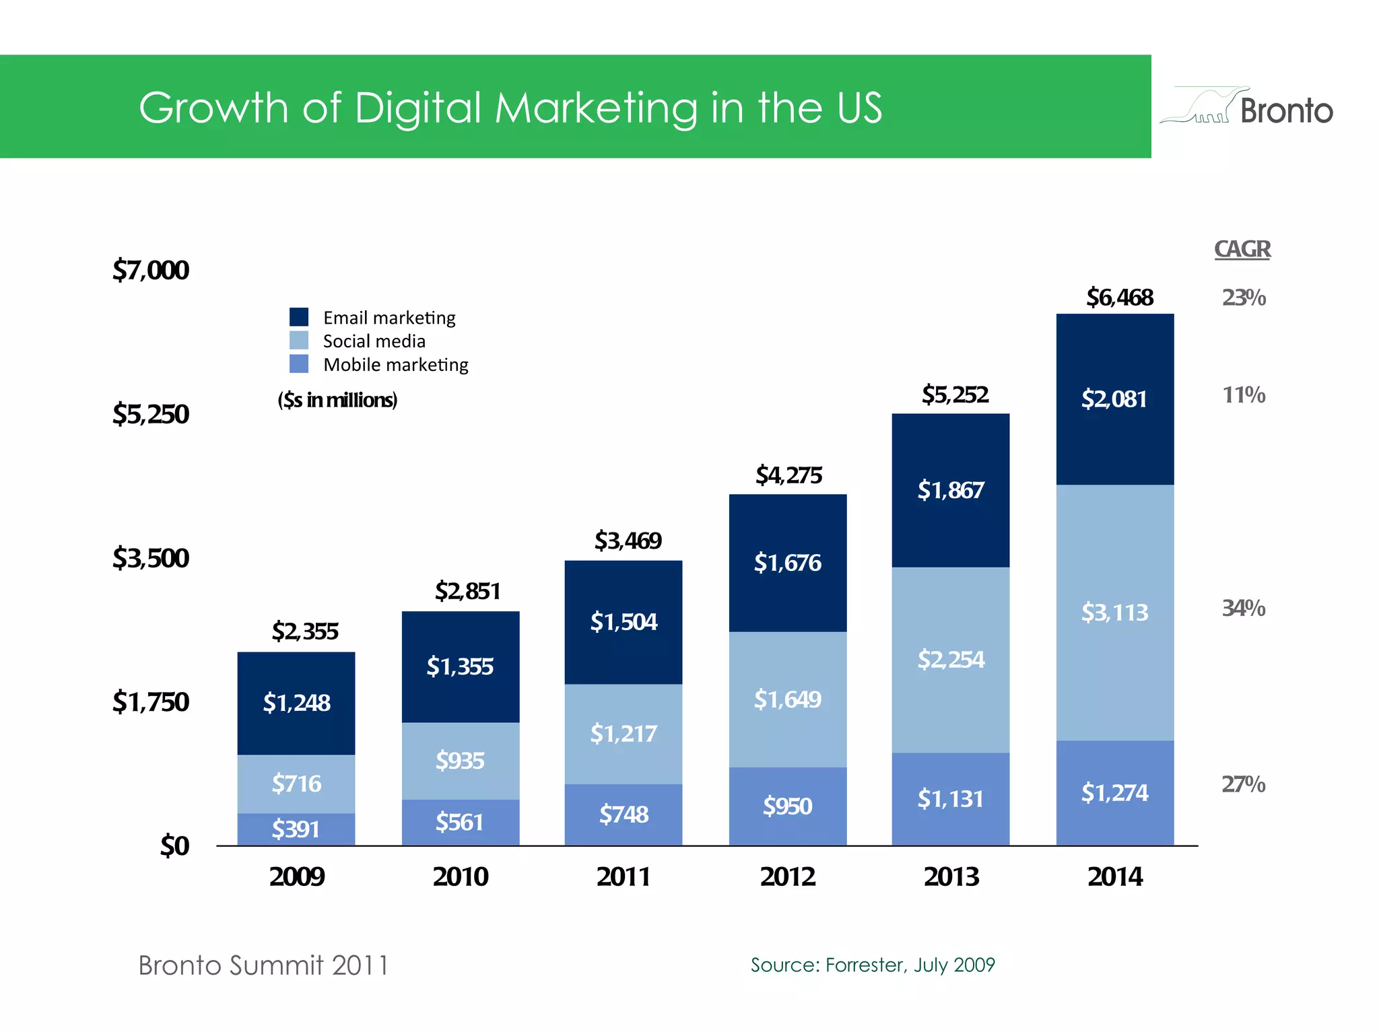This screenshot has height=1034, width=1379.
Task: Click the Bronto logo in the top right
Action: pos(1247,108)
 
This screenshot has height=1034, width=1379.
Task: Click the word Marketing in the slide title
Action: pos(596,108)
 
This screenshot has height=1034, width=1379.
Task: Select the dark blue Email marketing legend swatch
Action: pos(299,317)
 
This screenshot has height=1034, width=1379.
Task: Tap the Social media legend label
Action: pos(374,341)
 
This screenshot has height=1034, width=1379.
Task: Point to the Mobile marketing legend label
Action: pos(395,365)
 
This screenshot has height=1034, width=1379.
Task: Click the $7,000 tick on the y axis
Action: pos(151,271)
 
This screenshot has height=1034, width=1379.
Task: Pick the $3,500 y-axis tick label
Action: pos(151,559)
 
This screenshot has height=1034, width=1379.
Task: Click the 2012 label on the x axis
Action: pos(787,877)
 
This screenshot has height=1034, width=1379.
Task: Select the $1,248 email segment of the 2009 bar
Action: pos(296,703)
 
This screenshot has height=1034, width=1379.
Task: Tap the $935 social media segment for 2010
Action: pos(460,761)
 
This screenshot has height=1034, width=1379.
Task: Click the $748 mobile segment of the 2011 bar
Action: pos(624,815)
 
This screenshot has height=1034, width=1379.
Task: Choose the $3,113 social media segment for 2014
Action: pos(1114,613)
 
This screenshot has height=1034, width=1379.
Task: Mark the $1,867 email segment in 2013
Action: pos(951,490)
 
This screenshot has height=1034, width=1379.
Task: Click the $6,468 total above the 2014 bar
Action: pos(1120,298)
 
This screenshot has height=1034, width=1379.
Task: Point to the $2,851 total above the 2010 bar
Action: pos(467,592)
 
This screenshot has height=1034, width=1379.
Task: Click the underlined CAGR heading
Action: pos(1242,249)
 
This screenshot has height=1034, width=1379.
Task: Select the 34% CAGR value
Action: pos(1244,609)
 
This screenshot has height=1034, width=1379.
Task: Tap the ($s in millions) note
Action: pos(337,401)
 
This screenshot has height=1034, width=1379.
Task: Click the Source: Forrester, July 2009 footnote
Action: pos(873,965)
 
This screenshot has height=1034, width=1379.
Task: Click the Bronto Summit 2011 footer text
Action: pos(263,965)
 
